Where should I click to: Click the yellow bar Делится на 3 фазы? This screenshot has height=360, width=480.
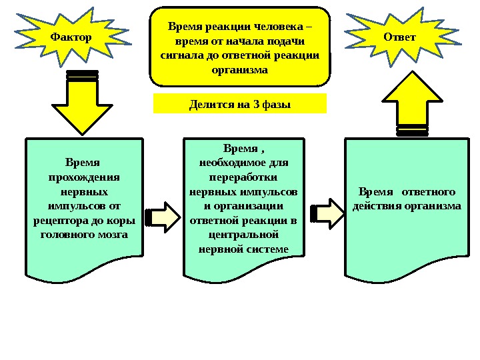click(240, 104)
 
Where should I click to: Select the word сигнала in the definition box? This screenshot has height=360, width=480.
click(181, 55)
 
